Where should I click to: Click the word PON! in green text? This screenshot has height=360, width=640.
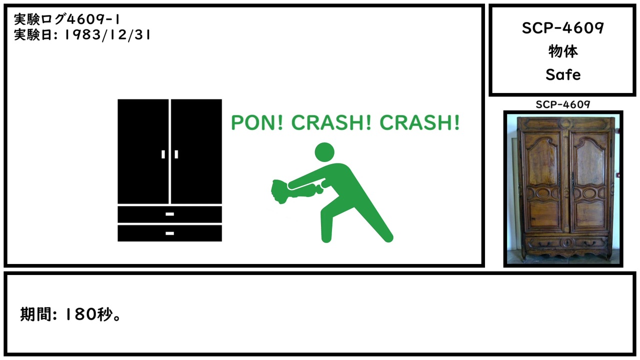[257, 123]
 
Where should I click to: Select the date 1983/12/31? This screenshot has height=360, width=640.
[107, 35]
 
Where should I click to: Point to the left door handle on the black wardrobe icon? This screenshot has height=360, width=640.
[163, 154]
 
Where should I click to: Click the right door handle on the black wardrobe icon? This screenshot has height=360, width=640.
[176, 154]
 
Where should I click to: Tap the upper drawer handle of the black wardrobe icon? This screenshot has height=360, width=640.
[169, 214]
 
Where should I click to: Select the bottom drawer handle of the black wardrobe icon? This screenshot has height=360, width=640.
[169, 233]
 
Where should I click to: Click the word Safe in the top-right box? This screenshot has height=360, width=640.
[563, 75]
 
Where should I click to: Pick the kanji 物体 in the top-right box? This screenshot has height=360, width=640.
[563, 51]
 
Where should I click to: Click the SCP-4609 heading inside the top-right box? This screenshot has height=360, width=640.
[563, 28]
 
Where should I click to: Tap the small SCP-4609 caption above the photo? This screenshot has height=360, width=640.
[563, 104]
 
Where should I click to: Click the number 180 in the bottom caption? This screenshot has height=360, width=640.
[80, 314]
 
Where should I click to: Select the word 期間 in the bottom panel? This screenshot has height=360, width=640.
[36, 314]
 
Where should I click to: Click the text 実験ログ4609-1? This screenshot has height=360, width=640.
[66, 19]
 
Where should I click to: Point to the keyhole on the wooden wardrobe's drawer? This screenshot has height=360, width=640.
[567, 243]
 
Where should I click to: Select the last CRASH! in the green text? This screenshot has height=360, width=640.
[419, 123]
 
